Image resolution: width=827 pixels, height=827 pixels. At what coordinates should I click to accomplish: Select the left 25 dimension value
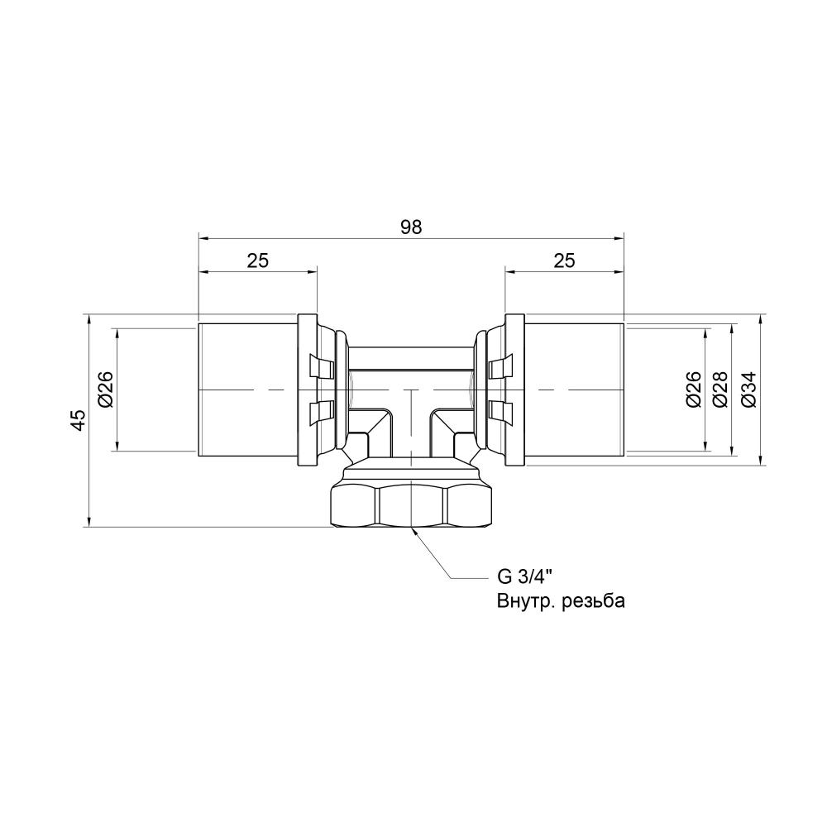click(258, 261)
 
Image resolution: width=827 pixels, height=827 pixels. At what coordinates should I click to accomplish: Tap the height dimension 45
click(78, 420)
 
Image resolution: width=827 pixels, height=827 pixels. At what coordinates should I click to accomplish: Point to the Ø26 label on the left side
click(105, 390)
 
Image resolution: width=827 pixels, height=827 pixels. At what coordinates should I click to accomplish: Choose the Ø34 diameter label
click(748, 390)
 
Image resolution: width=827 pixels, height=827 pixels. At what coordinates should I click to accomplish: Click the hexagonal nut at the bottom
click(411, 504)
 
